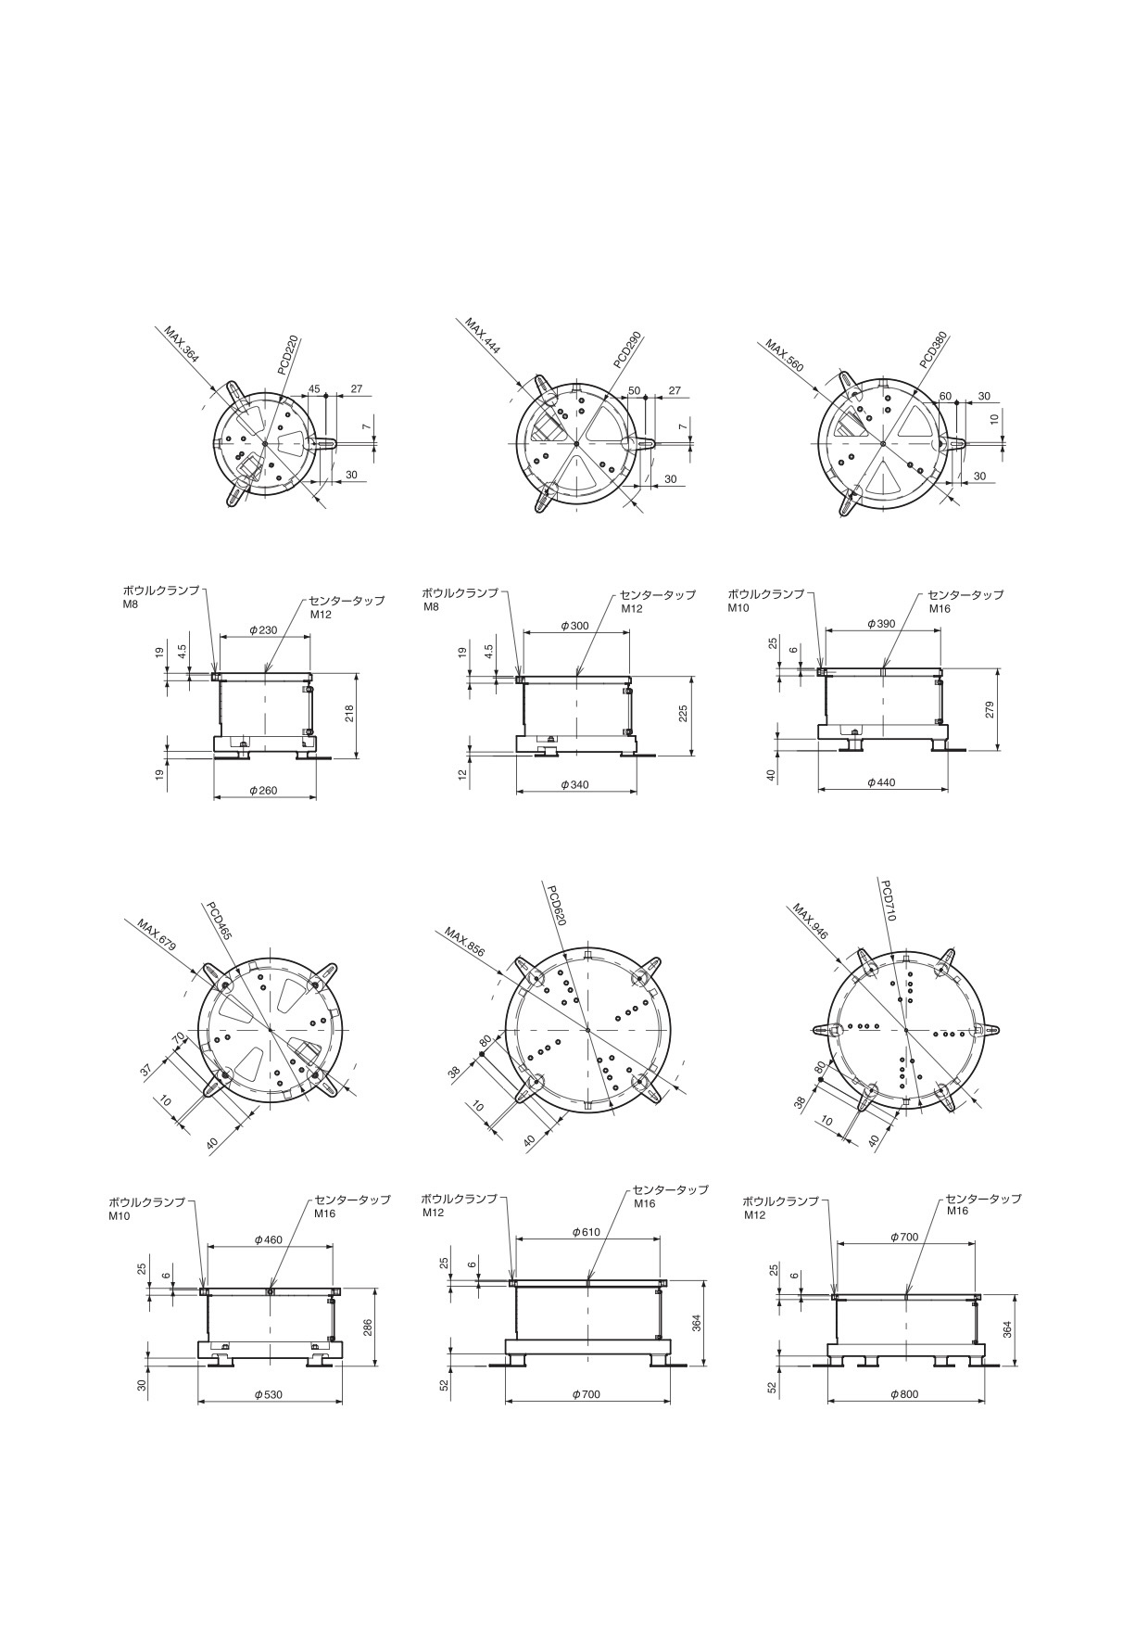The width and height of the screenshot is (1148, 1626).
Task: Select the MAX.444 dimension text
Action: point(483,337)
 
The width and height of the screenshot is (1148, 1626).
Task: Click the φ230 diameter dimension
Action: point(263,630)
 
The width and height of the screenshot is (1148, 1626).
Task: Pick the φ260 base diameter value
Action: point(263,791)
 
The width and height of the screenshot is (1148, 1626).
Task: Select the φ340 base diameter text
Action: point(574,784)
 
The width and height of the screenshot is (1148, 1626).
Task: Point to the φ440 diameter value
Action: point(881,782)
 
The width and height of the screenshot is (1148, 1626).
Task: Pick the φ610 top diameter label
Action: point(587,1232)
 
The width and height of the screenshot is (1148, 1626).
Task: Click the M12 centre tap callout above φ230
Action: point(321,614)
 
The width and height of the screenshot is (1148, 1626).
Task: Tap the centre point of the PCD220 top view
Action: point(265,444)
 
